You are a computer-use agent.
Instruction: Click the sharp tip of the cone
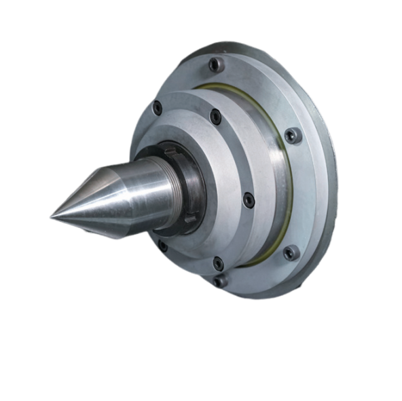click(50, 216)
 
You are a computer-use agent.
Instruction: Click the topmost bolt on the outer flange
click(216, 64)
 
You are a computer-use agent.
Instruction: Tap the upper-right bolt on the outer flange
click(292, 135)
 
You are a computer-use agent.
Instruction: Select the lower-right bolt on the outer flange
click(291, 252)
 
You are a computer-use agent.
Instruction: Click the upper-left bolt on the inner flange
click(158, 107)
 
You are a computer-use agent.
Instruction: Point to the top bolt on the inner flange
click(215, 117)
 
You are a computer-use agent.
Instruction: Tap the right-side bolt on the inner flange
click(249, 200)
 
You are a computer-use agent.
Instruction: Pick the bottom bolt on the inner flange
click(218, 263)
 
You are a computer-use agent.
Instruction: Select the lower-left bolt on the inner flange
click(162, 245)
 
